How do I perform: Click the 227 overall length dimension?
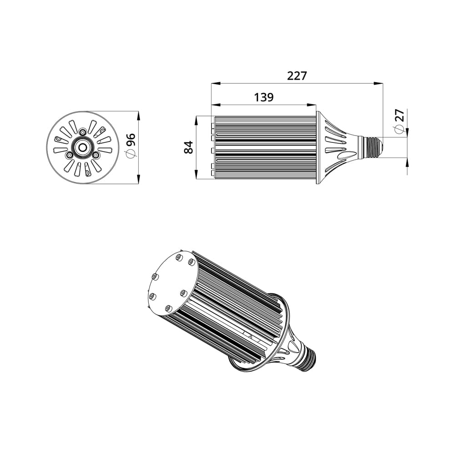pos(297,76)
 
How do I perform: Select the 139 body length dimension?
pos(264,97)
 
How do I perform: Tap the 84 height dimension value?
pos(189,147)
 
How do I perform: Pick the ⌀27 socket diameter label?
pos(399,121)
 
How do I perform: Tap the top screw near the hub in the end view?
pos(83,132)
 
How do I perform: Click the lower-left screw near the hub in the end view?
pos(69,155)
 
